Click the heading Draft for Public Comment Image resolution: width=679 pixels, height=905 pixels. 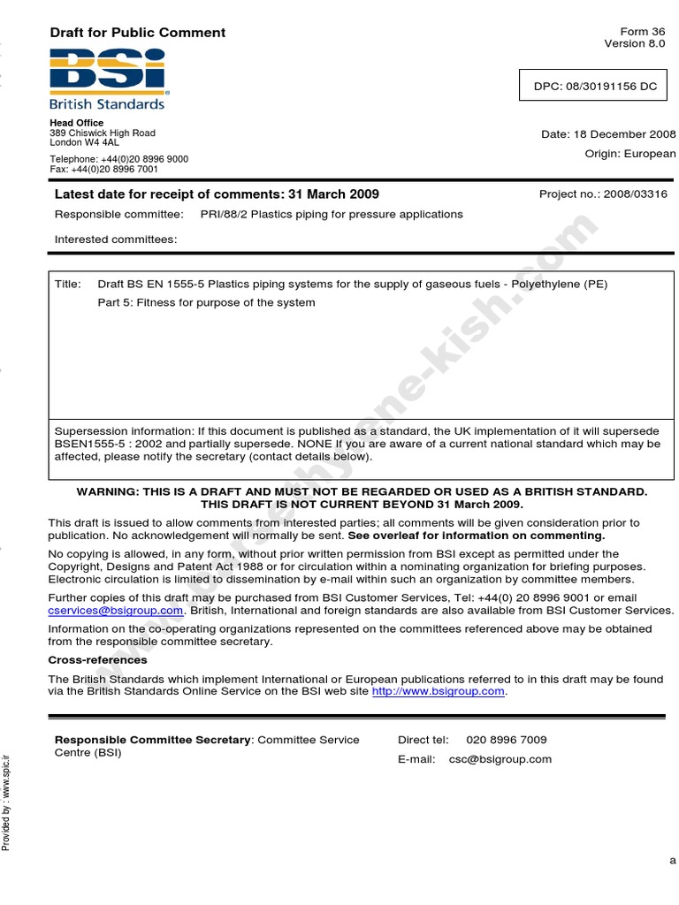(137, 33)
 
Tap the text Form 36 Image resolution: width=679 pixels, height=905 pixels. (645, 32)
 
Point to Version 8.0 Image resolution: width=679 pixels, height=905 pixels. (634, 43)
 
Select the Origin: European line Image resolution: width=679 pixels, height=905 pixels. (629, 154)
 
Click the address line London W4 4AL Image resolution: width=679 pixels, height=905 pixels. (84, 142)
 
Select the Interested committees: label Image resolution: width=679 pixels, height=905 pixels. (116, 240)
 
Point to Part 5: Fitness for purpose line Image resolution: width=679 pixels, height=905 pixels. (206, 303)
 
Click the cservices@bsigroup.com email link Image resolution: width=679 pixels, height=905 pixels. (116, 611)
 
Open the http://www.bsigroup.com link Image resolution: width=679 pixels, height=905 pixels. (439, 692)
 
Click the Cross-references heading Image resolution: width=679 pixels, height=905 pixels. (97, 660)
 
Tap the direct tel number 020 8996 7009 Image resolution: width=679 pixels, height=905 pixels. (506, 740)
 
